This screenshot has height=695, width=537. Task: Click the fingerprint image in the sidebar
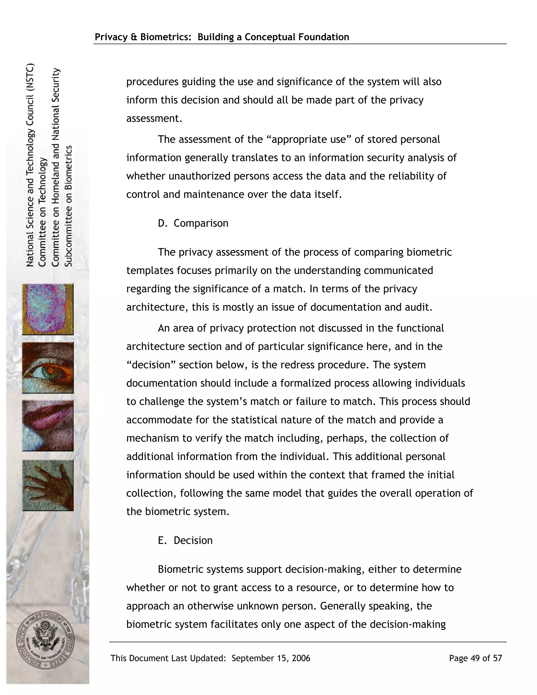click(48, 309)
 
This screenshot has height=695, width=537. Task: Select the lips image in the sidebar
click(48, 425)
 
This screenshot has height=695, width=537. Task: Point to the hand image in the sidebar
click(48, 485)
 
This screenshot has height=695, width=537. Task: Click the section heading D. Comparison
click(193, 223)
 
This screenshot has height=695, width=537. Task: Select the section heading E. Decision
click(185, 540)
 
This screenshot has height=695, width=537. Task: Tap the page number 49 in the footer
click(475, 658)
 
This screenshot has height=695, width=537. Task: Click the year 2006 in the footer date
click(301, 658)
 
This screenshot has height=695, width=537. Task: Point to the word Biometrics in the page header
click(165, 37)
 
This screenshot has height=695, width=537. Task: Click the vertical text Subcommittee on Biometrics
click(69, 206)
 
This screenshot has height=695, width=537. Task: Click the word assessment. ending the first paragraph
click(154, 118)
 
